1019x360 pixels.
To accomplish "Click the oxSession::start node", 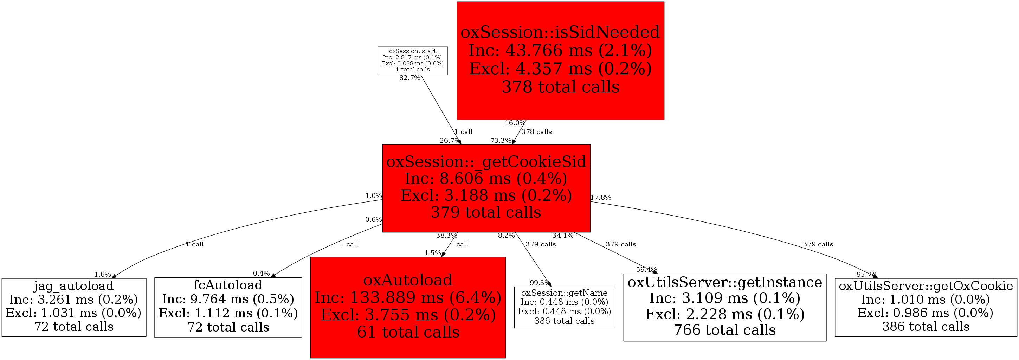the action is pyautogui.click(x=413, y=61).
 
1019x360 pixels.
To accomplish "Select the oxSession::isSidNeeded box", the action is pyautogui.click(x=560, y=61).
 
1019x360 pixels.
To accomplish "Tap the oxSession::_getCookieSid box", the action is pyautogui.click(x=486, y=188).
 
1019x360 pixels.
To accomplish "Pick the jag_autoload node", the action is pyautogui.click(x=74, y=307).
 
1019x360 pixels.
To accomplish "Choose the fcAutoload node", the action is pyautogui.click(x=228, y=307).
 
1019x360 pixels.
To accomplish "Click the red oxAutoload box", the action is pyautogui.click(x=408, y=307).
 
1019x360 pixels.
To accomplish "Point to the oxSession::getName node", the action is pyautogui.click(x=565, y=307).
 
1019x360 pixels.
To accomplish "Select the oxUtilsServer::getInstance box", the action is pyautogui.click(x=725, y=307).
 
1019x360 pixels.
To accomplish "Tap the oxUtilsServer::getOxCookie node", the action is pyautogui.click(x=926, y=307).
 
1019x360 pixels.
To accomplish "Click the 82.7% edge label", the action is pyautogui.click(x=409, y=78).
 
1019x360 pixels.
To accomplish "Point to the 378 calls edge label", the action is pyautogui.click(x=536, y=132).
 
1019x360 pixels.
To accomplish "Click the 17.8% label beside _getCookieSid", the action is pyautogui.click(x=600, y=198).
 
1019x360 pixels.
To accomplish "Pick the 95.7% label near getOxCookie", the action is pyautogui.click(x=867, y=274).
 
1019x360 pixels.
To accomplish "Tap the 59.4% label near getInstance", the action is pyautogui.click(x=646, y=269).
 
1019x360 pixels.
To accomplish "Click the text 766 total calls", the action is pyautogui.click(x=725, y=330).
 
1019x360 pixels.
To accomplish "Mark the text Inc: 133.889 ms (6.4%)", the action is pyautogui.click(x=408, y=297).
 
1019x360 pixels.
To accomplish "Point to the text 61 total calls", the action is pyautogui.click(x=408, y=332).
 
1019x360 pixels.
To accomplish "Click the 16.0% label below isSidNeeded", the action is pyautogui.click(x=515, y=123).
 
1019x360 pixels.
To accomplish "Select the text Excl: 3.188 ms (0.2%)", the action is pyautogui.click(x=486, y=195).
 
